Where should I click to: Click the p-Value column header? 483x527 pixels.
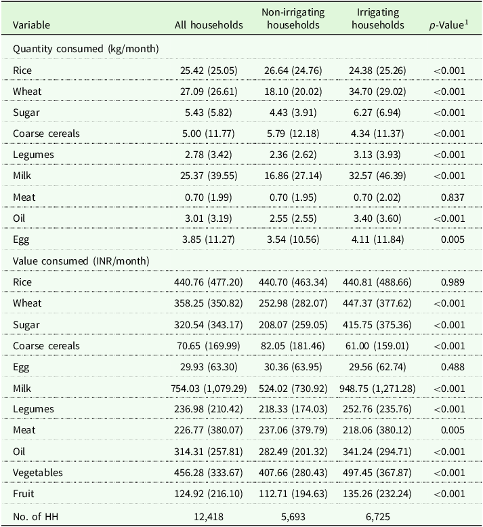448,25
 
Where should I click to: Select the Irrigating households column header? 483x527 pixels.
378,19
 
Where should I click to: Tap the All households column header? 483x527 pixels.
209,25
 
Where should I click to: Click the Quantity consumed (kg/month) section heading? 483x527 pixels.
85,49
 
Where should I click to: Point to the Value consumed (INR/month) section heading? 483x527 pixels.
81,261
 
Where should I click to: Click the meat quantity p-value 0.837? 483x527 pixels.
453,197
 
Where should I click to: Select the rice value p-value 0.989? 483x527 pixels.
453,282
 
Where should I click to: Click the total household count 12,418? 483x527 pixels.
209,517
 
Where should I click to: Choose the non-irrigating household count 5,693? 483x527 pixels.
293,517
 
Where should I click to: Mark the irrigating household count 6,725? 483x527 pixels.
378,517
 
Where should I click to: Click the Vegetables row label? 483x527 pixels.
38,473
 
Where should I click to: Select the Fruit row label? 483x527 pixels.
24,494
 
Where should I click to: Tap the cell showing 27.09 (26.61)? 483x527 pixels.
209,92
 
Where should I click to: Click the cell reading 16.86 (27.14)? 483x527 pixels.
293,176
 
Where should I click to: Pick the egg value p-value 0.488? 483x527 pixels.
453,367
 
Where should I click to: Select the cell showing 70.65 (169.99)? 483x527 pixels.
209,346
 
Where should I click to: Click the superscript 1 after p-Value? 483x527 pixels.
467,22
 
